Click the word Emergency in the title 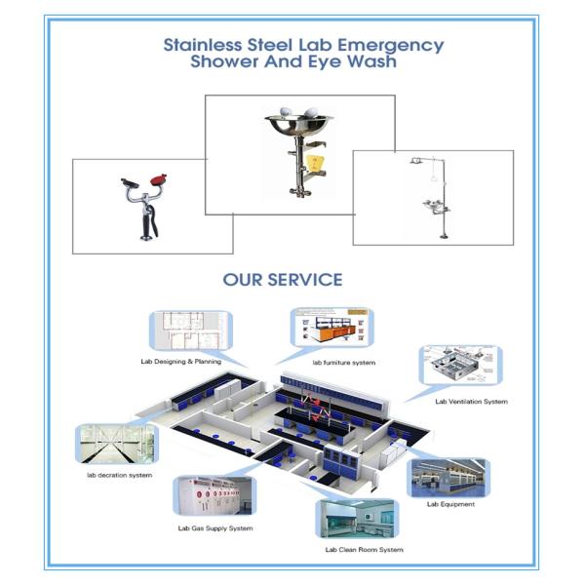click(x=395, y=46)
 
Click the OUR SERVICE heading click(x=282, y=280)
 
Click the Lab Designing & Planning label click(x=180, y=361)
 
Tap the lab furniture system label click(x=343, y=363)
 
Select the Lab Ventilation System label click(x=471, y=402)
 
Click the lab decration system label click(x=120, y=475)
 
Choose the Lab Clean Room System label click(x=364, y=549)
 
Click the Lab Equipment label click(x=450, y=504)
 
